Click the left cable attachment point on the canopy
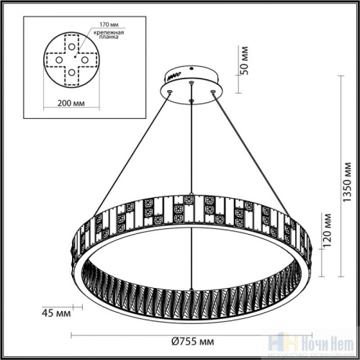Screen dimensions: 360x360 click(169, 92)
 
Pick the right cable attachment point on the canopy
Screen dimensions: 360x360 click(213, 91)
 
